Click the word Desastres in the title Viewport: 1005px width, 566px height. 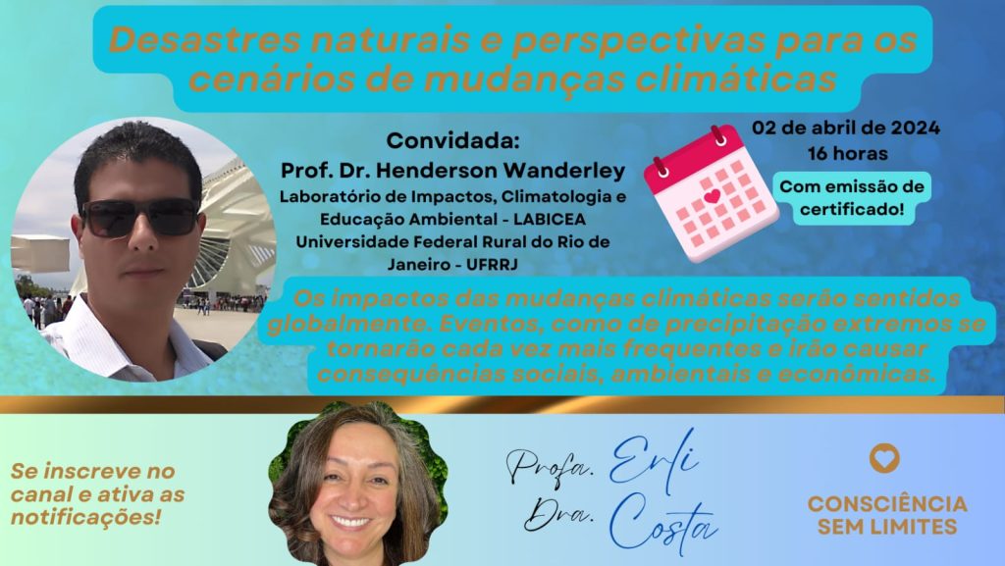(204, 39)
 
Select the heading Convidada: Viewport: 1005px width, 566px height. (452, 141)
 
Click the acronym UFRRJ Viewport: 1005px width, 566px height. (492, 265)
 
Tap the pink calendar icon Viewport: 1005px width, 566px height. (711, 193)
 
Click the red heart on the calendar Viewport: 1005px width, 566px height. (712, 196)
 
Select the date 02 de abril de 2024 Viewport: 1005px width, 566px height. (846, 129)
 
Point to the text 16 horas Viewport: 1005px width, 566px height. (847, 154)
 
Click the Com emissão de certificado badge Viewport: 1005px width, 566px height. (852, 198)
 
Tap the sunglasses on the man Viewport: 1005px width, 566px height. (139, 217)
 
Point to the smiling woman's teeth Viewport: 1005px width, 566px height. (350, 521)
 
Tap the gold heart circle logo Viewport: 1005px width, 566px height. (884, 458)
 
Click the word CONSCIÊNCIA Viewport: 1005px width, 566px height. (887, 504)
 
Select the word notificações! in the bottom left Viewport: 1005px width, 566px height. (85, 517)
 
